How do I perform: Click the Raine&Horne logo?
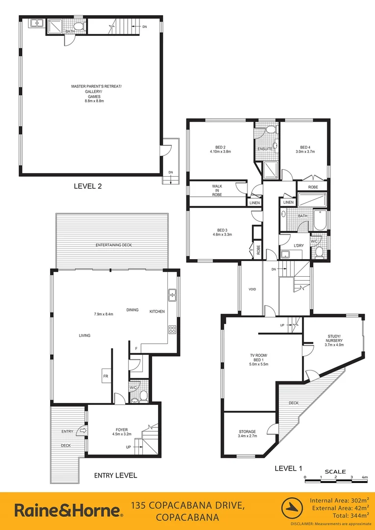(x=69, y=510)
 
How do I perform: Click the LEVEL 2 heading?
(x=87, y=186)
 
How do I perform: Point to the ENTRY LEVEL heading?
(x=115, y=475)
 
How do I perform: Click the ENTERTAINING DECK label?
(x=113, y=245)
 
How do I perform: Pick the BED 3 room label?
(x=222, y=232)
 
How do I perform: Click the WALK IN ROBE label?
(x=217, y=190)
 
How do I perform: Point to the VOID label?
(x=252, y=289)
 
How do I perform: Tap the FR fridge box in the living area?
(x=106, y=376)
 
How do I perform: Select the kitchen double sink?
(x=172, y=294)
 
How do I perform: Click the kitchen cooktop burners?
(x=172, y=329)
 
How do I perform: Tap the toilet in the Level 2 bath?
(x=79, y=26)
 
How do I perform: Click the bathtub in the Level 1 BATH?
(x=320, y=220)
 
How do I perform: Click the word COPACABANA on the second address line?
(x=187, y=518)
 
